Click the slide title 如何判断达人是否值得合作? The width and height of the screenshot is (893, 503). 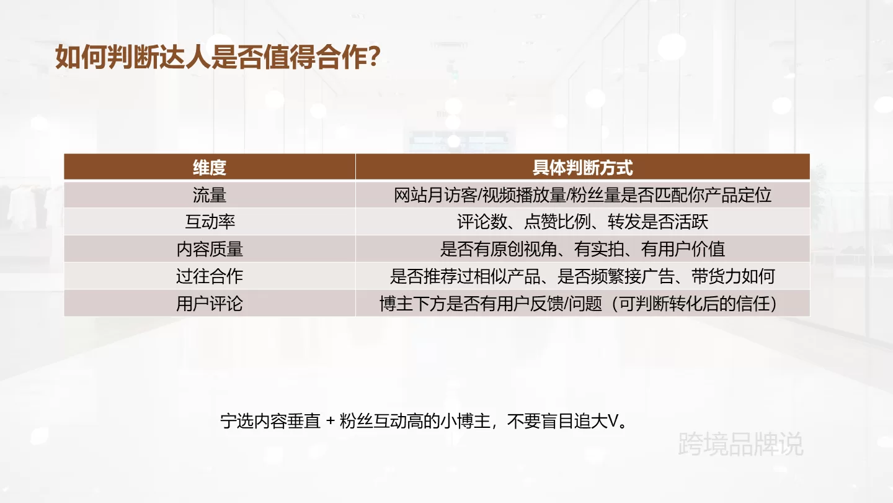(217, 57)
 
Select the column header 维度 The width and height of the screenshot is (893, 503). (210, 168)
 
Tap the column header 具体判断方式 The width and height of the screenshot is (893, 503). (582, 168)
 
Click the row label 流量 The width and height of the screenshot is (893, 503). (210, 195)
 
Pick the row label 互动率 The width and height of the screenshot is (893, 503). (210, 222)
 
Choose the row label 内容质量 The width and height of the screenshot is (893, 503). (210, 249)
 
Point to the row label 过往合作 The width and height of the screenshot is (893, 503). (210, 276)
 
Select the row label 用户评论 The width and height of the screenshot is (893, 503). (210, 304)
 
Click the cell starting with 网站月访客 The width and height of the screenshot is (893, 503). (582, 195)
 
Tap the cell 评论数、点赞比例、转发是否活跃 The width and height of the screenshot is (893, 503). (582, 222)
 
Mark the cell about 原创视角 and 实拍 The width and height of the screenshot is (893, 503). (582, 249)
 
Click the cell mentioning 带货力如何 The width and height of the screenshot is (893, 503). (582, 276)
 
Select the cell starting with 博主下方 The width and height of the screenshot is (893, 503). (579, 304)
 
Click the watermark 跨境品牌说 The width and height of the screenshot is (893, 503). (740, 444)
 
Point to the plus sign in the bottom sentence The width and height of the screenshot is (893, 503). (330, 421)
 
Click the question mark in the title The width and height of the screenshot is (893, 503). (373, 57)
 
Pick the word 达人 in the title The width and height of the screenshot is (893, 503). (185, 57)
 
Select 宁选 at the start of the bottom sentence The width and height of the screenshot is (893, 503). (237, 421)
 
